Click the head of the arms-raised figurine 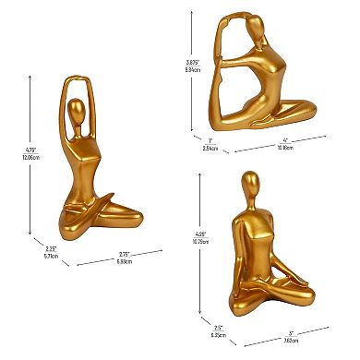(x=80, y=117)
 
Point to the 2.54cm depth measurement (x=211, y=146)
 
